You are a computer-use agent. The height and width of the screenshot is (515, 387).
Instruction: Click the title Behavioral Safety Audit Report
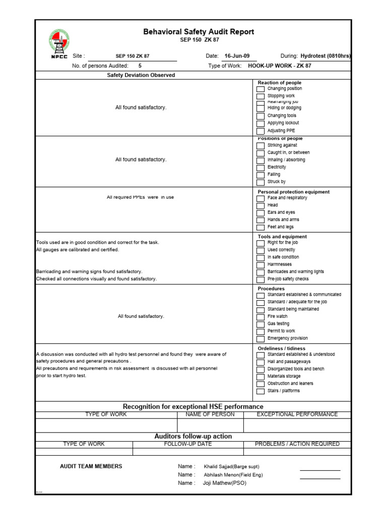199,32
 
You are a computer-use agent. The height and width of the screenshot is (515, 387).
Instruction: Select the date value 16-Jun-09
237,56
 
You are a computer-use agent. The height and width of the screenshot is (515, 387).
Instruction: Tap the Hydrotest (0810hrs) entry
325,56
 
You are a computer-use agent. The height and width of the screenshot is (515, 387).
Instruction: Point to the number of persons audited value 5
140,66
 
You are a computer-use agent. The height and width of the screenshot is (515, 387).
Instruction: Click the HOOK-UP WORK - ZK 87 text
280,66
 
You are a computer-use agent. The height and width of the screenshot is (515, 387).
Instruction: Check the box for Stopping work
260,97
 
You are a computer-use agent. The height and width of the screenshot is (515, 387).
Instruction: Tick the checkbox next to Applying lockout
260,124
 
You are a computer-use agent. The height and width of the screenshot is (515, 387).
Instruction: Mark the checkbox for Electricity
260,168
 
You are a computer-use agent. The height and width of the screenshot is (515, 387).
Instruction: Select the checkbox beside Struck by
260,183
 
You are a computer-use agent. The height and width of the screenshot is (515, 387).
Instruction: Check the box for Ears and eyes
260,213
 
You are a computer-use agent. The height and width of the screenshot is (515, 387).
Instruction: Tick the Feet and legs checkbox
260,228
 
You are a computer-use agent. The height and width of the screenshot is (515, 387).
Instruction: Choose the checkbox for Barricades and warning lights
260,273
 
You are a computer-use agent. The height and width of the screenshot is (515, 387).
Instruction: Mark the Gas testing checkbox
260,325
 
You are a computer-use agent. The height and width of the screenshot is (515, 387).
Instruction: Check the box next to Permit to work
260,332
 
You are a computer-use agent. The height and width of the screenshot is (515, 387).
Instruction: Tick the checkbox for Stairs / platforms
260,391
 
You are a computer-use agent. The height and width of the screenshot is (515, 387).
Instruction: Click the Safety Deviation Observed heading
141,75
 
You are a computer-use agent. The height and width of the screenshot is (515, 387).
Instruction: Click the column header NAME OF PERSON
210,414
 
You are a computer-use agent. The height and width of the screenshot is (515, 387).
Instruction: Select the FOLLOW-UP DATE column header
188,444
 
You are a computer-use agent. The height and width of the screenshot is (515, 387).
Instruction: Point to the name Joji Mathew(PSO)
225,483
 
